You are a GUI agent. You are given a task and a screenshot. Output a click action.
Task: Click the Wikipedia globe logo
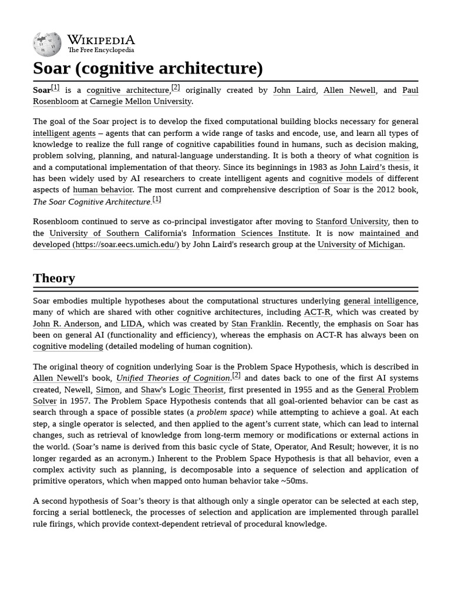(x=47, y=44)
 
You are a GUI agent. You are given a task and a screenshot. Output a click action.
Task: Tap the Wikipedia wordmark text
(x=100, y=40)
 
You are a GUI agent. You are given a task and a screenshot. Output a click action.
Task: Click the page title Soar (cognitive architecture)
(x=147, y=68)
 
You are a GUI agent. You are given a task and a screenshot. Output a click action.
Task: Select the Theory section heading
(x=54, y=278)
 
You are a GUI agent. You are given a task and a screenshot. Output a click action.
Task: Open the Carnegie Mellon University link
(x=140, y=101)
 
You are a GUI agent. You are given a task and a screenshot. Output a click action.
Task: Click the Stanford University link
(x=352, y=222)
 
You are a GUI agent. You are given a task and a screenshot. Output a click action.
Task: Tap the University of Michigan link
(x=360, y=245)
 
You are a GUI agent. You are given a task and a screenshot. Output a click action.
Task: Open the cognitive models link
(x=341, y=179)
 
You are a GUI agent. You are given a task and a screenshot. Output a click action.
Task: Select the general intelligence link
(x=380, y=301)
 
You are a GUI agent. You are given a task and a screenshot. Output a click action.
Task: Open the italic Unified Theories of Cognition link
(x=173, y=378)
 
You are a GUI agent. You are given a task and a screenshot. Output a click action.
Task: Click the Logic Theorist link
(x=196, y=390)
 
